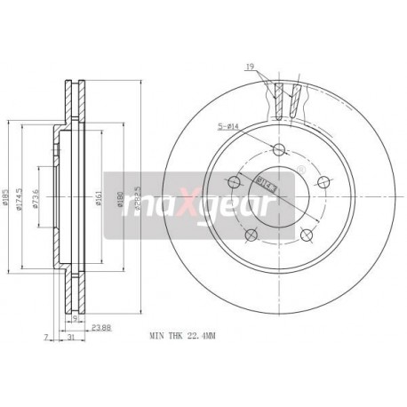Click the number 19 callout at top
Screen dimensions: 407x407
[251, 67]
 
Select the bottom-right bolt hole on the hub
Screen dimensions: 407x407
[307, 235]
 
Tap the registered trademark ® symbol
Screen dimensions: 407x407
[300, 169]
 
